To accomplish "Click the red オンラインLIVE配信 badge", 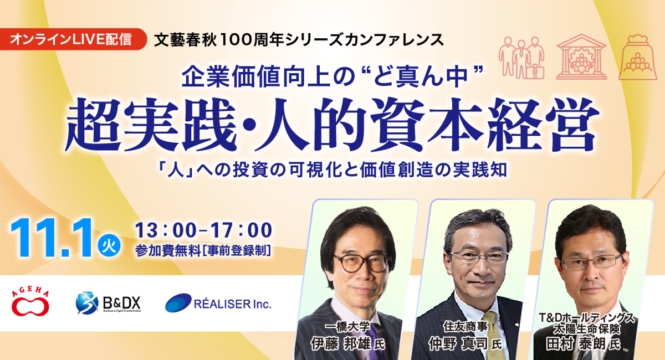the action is point(73,39).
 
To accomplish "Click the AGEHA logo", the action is point(30,303).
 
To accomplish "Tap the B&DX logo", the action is point(108,303).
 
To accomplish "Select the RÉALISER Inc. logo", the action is point(218,304).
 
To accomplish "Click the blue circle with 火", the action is point(109,246).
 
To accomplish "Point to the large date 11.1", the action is point(51,238).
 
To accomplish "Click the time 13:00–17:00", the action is point(204,230).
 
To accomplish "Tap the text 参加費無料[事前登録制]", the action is point(203,251).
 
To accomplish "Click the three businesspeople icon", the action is point(521,58).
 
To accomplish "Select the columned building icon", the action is point(581,56).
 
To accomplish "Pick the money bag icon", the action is point(638,57).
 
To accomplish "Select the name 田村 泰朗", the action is point(576,344).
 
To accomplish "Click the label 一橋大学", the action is point(347,327).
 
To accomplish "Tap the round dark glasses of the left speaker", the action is point(362,263).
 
